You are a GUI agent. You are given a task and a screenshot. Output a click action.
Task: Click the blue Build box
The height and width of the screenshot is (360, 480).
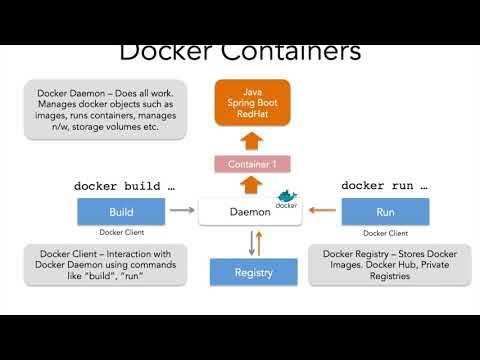point(121,211)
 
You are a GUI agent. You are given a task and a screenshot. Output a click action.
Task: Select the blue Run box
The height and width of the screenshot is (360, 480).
point(385,211)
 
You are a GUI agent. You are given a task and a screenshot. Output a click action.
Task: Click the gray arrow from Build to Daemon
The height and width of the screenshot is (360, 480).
point(181,211)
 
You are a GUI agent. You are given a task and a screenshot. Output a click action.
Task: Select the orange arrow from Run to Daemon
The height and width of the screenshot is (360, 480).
point(321,211)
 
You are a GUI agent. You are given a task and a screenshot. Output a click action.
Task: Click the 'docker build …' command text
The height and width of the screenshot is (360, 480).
point(124,186)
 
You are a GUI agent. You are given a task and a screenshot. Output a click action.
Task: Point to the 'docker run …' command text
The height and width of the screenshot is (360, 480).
point(384,186)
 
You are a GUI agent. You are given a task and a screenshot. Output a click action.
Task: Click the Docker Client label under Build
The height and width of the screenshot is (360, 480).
point(121,233)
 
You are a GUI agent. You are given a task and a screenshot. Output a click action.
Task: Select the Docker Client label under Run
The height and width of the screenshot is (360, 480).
point(385,233)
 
